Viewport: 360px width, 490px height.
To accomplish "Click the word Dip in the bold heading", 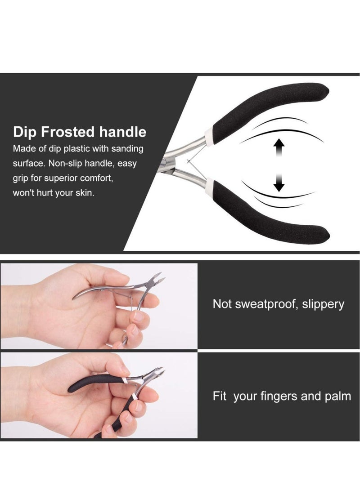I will [24, 132].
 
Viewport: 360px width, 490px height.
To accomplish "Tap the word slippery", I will [323, 304].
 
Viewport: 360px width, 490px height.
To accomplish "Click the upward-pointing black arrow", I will [279, 148].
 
